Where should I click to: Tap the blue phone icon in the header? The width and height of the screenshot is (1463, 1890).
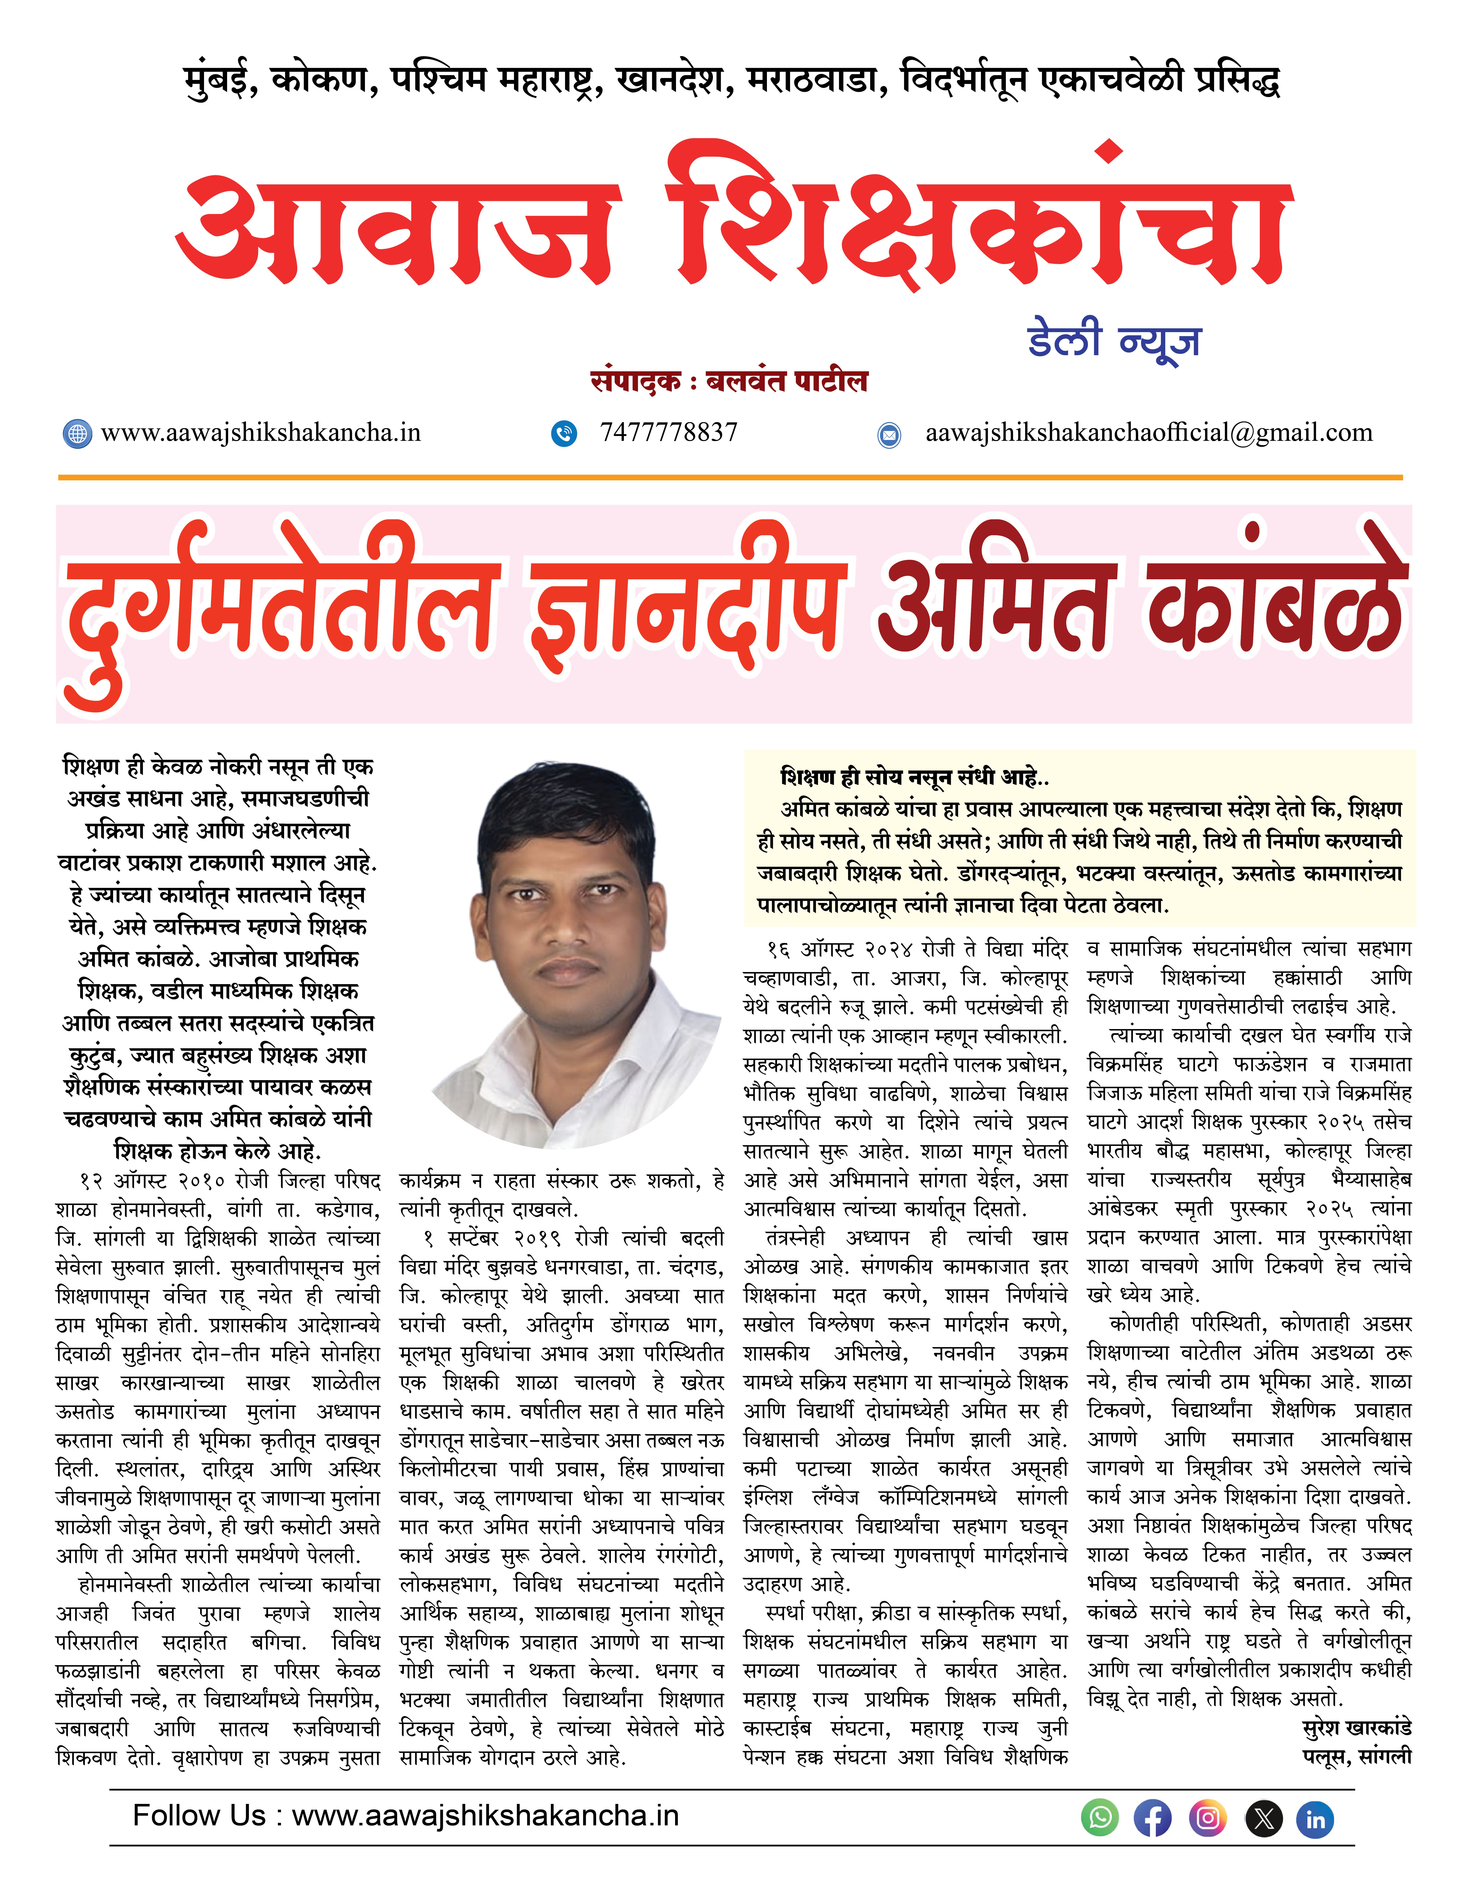point(564,434)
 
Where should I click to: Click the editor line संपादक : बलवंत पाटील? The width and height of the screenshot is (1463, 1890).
point(728,382)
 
